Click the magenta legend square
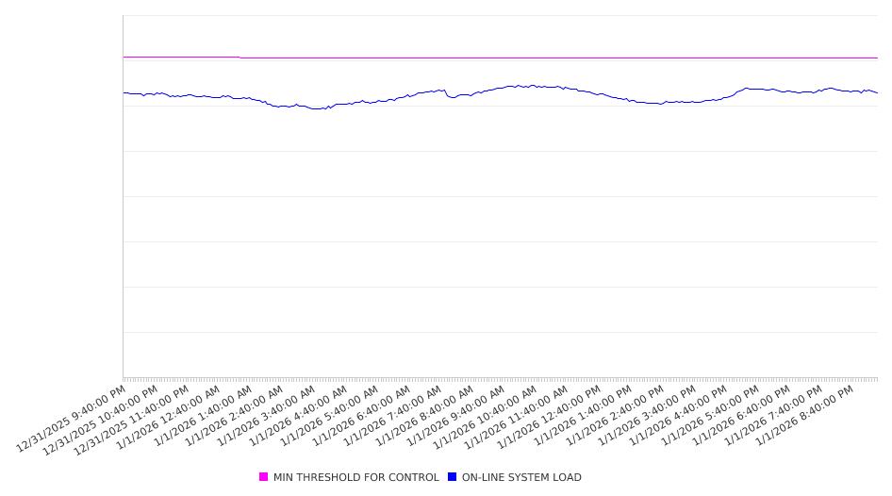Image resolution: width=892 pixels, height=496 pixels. pos(264,477)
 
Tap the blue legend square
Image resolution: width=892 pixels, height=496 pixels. pos(453,477)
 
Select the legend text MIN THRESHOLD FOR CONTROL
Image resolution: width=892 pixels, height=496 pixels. pos(355,477)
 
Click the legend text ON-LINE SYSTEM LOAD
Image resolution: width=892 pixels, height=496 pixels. pos(521,477)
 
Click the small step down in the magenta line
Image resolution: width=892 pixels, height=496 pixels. pos(240,58)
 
